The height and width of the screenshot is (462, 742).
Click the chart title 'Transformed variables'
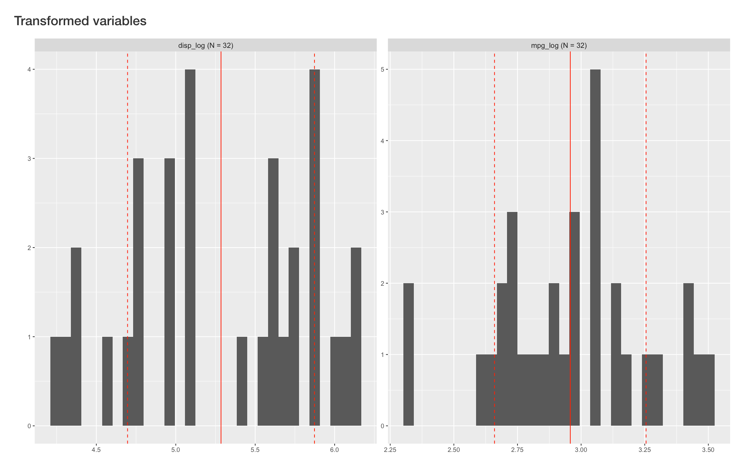[x=80, y=21]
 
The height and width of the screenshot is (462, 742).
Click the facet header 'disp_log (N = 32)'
[x=205, y=45]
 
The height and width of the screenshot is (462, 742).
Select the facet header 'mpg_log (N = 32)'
[x=559, y=45]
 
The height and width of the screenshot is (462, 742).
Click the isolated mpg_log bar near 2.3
[x=408, y=354]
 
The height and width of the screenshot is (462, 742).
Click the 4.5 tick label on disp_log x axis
[x=96, y=450]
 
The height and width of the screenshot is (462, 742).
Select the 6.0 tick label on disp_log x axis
[x=335, y=450]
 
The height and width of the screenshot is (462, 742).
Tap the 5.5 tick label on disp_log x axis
[x=255, y=450]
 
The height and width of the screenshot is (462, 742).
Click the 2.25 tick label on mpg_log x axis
[x=390, y=450]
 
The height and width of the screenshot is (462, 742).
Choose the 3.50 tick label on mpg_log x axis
[x=708, y=450]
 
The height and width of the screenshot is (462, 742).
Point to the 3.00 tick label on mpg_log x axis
[x=581, y=450]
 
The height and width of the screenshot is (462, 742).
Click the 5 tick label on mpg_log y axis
[x=383, y=69]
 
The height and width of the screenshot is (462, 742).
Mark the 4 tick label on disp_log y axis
[x=30, y=69]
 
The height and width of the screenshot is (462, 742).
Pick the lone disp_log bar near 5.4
[x=242, y=381]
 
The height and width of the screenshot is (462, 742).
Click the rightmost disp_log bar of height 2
[x=356, y=337]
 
